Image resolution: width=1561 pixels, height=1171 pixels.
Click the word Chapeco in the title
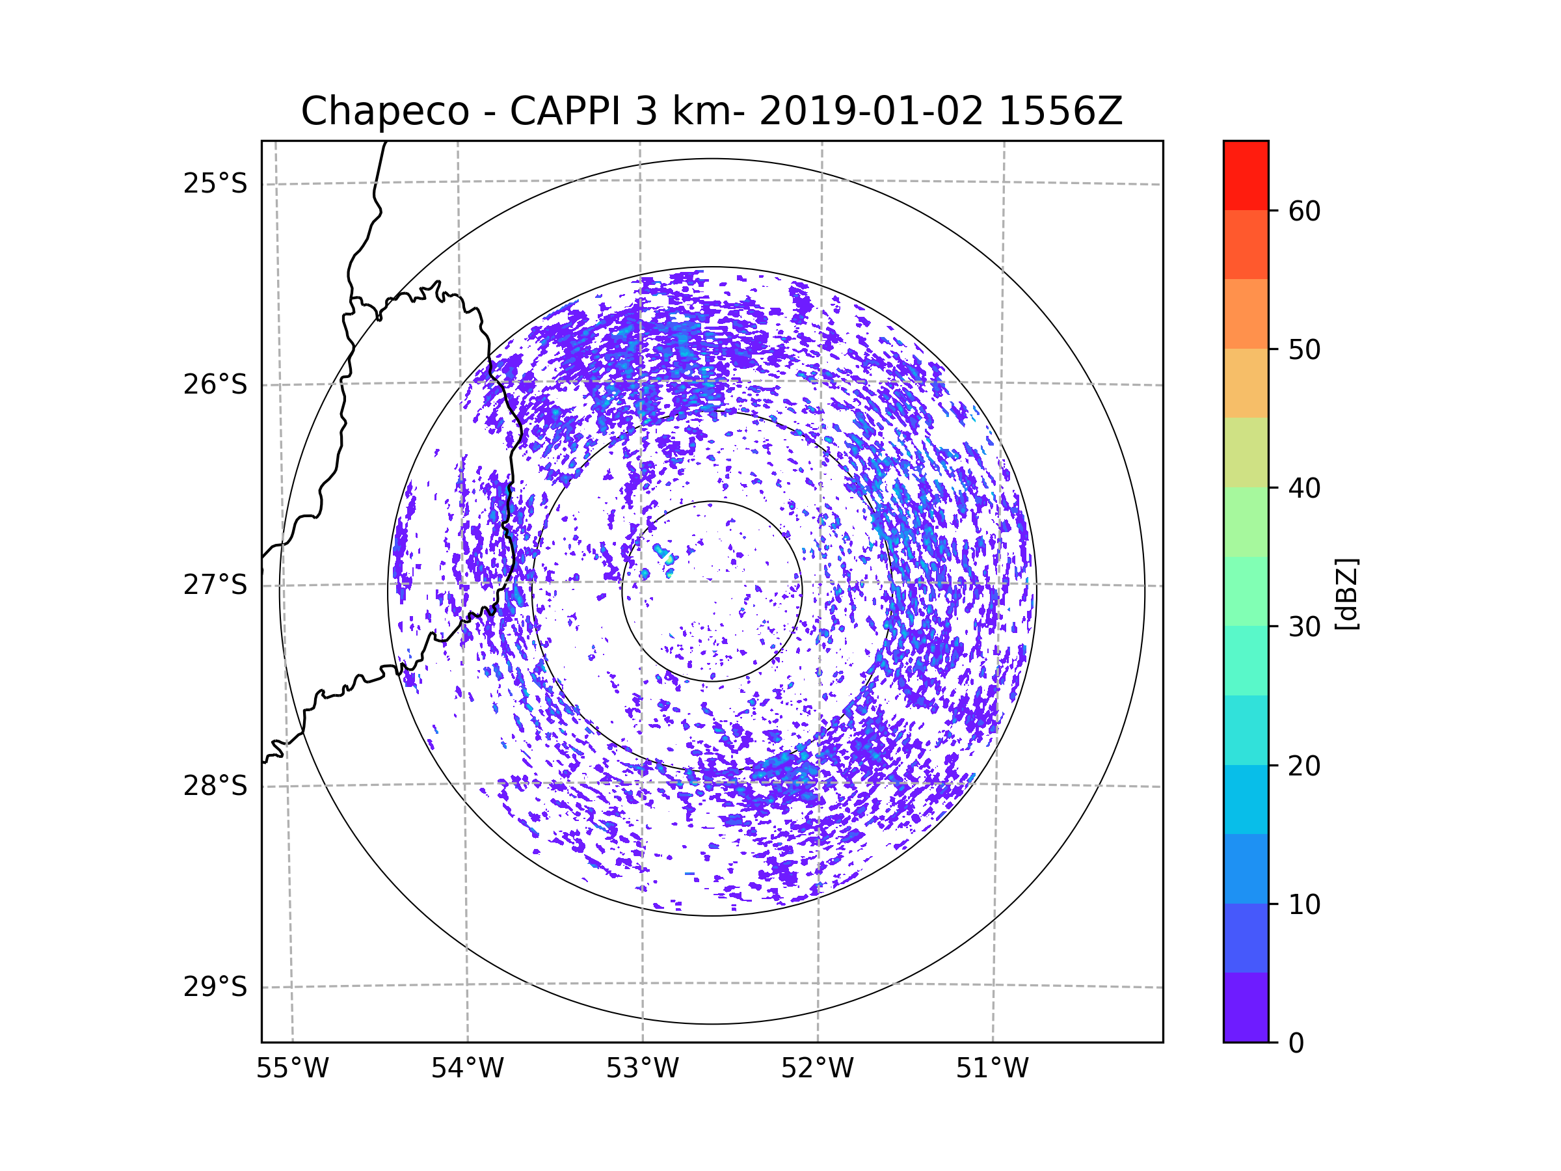click(384, 111)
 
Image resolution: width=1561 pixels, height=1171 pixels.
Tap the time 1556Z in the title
click(1060, 111)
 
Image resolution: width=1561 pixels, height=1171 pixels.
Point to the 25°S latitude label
click(215, 183)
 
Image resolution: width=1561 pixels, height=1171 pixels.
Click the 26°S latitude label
click(215, 384)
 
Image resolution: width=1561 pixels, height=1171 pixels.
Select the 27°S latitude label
click(215, 585)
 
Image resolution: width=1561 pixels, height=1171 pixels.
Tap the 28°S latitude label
click(215, 786)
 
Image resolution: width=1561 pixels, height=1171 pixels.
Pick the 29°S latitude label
click(215, 987)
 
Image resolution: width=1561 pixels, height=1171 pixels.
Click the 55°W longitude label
click(292, 1069)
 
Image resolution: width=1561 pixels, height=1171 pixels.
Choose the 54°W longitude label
click(467, 1069)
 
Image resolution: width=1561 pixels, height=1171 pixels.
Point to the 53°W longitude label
click(642, 1069)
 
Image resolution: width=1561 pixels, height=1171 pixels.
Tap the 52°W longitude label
click(817, 1069)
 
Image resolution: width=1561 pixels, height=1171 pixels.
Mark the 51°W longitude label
click(992, 1069)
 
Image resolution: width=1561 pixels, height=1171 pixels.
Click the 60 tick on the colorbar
click(1304, 211)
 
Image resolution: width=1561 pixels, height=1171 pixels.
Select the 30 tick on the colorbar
click(1304, 626)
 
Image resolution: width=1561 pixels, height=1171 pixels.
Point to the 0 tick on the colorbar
click(1296, 1043)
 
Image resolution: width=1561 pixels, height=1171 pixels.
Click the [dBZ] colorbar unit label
click(1346, 593)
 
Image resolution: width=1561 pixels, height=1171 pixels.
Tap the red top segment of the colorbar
click(1246, 175)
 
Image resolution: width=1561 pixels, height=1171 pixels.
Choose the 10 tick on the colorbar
click(1304, 904)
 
